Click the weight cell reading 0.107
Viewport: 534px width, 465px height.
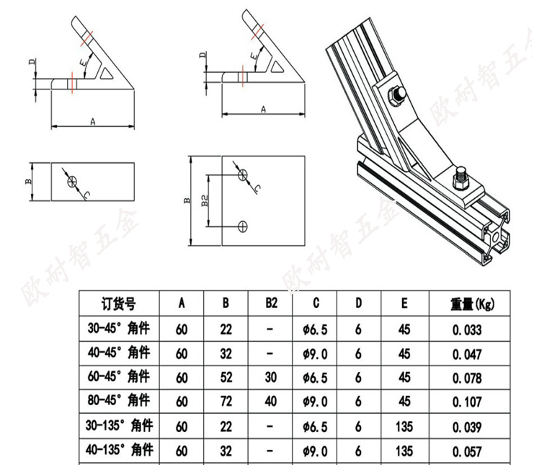click(467, 402)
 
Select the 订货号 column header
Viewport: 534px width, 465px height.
click(118, 304)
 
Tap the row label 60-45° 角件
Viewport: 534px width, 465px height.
click(118, 377)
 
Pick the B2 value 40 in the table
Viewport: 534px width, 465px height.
click(271, 401)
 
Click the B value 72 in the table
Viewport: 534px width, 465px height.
click(226, 402)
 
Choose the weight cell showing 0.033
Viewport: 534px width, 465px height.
click(467, 329)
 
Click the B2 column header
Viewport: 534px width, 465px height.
click(272, 303)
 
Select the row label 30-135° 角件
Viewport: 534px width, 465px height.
click(119, 425)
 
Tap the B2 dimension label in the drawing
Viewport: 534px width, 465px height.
click(205, 200)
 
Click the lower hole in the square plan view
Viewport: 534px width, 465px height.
click(242, 226)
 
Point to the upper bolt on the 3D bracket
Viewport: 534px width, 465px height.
click(397, 94)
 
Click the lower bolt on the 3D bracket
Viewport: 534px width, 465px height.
click(460, 179)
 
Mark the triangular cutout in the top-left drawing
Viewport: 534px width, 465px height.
click(107, 74)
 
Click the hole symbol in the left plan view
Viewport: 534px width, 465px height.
click(73, 181)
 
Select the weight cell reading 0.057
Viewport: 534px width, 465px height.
click(467, 451)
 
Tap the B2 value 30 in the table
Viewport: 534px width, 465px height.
click(271, 377)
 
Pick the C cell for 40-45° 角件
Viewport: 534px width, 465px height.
click(316, 354)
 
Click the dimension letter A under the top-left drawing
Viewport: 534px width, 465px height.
click(93, 122)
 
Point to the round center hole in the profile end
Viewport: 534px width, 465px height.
click(495, 237)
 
